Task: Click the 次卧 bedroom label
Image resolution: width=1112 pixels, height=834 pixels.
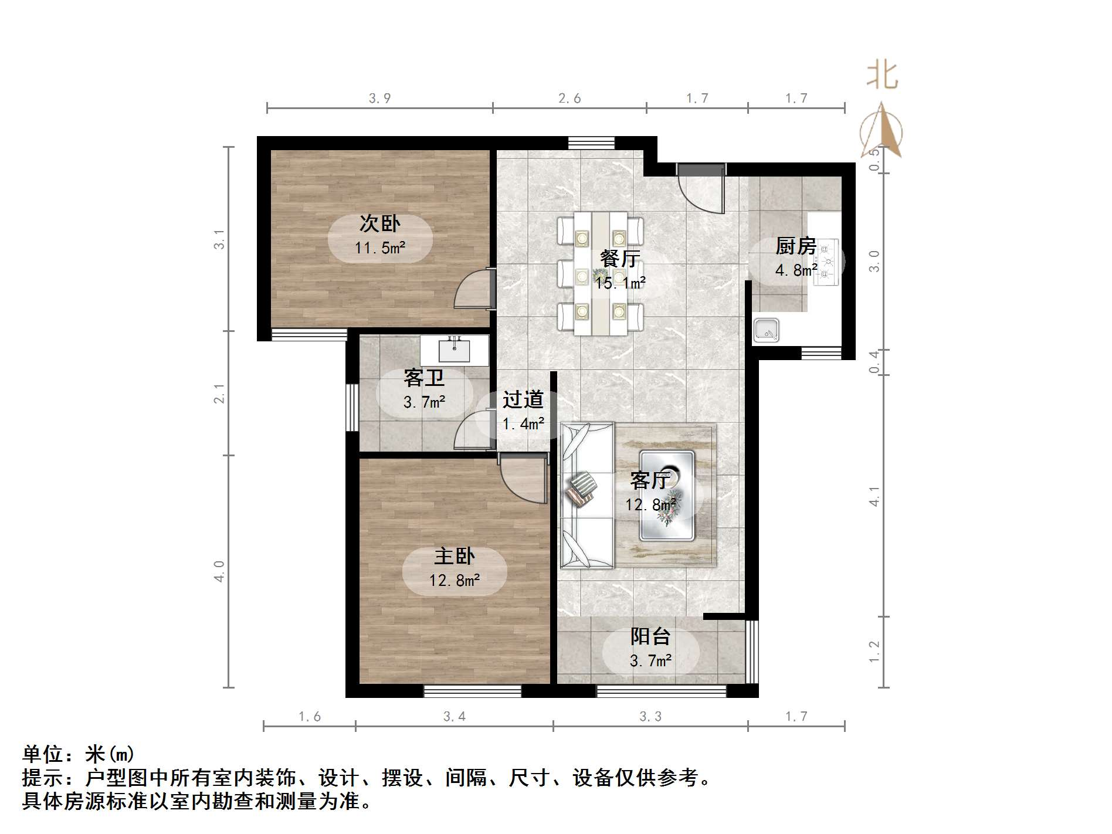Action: click(x=380, y=223)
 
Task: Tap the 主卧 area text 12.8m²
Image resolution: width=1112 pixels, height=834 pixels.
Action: click(x=455, y=581)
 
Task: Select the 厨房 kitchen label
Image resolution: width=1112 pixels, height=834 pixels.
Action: click(x=796, y=246)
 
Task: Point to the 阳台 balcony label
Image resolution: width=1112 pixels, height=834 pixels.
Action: click(x=650, y=636)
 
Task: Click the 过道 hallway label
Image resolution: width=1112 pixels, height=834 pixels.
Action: click(x=523, y=400)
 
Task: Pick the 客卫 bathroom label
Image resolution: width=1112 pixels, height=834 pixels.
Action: click(x=424, y=378)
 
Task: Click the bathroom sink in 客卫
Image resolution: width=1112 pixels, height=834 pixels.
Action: click(x=454, y=351)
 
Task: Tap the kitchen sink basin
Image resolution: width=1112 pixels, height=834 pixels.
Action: click(x=766, y=330)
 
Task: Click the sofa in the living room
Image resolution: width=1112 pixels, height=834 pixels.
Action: click(x=586, y=496)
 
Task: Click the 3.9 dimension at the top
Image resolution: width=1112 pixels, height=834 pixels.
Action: click(x=380, y=99)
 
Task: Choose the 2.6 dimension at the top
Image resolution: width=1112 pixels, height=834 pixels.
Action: click(x=569, y=99)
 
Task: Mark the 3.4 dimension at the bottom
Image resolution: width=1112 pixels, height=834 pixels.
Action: click(x=455, y=717)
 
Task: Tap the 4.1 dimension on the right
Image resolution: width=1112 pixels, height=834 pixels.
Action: click(x=874, y=496)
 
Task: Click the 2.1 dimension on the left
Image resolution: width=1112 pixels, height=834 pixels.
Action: click(x=219, y=394)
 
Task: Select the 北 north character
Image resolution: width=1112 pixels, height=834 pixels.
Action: click(x=882, y=76)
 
